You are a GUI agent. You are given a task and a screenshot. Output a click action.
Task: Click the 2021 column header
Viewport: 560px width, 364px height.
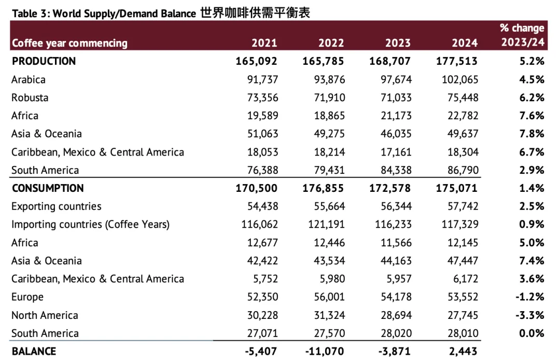(x=264, y=43)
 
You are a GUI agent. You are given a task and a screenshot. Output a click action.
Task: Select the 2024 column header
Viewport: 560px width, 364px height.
(x=464, y=43)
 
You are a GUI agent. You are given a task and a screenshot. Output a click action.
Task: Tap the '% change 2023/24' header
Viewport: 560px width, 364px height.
(x=522, y=35)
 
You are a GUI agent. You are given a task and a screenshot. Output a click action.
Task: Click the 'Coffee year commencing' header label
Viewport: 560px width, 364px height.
(x=69, y=43)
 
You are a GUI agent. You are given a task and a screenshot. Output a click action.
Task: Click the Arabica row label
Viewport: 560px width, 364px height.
(x=29, y=79)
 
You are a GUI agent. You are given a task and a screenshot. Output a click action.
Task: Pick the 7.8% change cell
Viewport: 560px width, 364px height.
(x=532, y=134)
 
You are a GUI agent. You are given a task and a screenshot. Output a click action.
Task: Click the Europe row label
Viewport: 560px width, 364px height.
(x=27, y=297)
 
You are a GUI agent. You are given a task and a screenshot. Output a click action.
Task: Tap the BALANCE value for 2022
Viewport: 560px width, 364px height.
(x=324, y=352)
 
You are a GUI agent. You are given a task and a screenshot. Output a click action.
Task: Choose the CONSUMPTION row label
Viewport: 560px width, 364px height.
(x=48, y=188)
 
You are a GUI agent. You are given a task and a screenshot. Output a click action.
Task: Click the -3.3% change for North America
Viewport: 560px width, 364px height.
(x=530, y=315)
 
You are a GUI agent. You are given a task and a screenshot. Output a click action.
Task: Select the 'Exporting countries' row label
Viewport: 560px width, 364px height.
(x=57, y=206)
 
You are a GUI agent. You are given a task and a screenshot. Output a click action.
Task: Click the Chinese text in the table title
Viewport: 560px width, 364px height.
(x=255, y=13)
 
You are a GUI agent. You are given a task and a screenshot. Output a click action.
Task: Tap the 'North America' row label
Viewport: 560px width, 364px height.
(x=45, y=315)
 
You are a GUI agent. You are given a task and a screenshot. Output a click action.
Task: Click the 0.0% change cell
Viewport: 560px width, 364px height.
(x=532, y=333)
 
